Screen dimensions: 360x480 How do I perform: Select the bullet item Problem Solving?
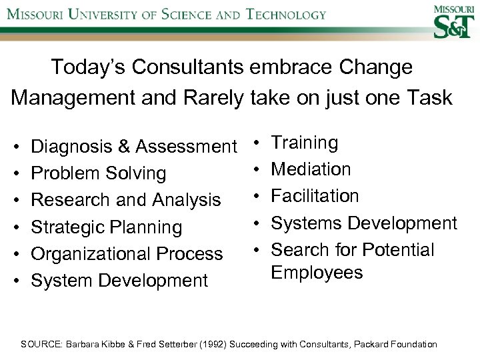click(99, 173)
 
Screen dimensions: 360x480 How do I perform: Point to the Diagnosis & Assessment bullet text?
click(134, 146)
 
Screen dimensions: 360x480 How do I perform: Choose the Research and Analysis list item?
click(126, 200)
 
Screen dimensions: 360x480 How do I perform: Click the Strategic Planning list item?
click(107, 227)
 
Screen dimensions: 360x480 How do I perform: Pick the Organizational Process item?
click(127, 254)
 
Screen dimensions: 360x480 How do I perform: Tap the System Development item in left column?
click(120, 281)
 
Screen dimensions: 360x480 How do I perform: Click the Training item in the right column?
click(305, 143)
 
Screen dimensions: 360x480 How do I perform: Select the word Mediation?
click(311, 169)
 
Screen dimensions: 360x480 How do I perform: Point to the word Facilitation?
click(315, 196)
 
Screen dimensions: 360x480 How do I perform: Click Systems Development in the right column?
click(364, 223)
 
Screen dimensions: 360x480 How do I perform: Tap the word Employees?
click(317, 273)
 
